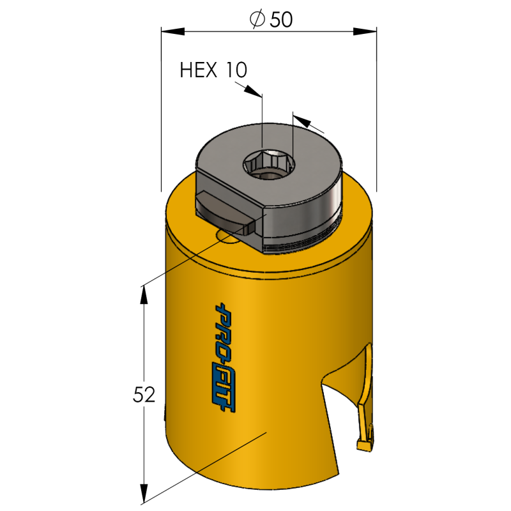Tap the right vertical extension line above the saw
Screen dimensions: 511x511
coord(376,128)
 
